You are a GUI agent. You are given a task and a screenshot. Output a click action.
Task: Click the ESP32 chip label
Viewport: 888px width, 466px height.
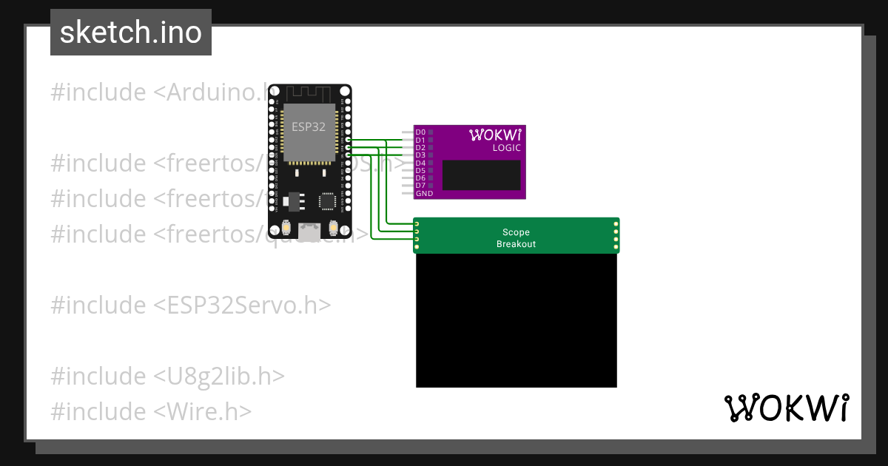click(x=308, y=126)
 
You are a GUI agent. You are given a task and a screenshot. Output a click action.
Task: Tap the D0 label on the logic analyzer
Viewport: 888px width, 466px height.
click(x=420, y=132)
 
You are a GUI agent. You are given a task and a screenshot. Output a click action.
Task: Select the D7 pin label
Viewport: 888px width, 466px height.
click(x=420, y=186)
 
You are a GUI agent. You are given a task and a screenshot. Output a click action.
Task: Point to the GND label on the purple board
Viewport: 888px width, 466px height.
click(x=424, y=194)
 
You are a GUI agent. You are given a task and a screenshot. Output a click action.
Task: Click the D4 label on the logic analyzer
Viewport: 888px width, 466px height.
click(x=420, y=163)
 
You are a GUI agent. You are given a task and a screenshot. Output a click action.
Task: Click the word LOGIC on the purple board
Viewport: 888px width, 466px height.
click(x=506, y=148)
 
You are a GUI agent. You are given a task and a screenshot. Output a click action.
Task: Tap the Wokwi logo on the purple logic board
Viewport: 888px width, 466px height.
click(x=495, y=135)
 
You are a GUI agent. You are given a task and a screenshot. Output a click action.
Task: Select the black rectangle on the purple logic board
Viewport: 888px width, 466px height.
click(x=481, y=175)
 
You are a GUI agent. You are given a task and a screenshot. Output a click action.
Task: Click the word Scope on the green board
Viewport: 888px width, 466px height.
click(x=516, y=232)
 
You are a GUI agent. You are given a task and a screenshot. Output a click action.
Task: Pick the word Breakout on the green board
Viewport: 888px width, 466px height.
click(x=516, y=244)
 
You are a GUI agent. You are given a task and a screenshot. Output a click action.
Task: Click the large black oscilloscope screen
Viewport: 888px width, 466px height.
click(x=516, y=320)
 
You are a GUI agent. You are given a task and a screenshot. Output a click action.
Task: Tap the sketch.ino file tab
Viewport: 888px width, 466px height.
click(x=131, y=33)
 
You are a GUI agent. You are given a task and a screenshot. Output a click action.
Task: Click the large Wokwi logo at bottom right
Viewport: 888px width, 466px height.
click(x=787, y=408)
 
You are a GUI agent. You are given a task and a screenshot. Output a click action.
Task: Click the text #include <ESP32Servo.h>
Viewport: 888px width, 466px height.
click(x=190, y=305)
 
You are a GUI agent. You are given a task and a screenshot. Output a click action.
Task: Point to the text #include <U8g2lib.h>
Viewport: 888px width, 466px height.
click(x=167, y=376)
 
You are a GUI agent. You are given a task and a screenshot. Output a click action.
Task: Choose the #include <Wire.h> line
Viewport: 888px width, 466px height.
click(x=151, y=411)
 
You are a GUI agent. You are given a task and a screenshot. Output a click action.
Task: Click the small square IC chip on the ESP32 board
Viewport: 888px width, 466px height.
click(x=326, y=200)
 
